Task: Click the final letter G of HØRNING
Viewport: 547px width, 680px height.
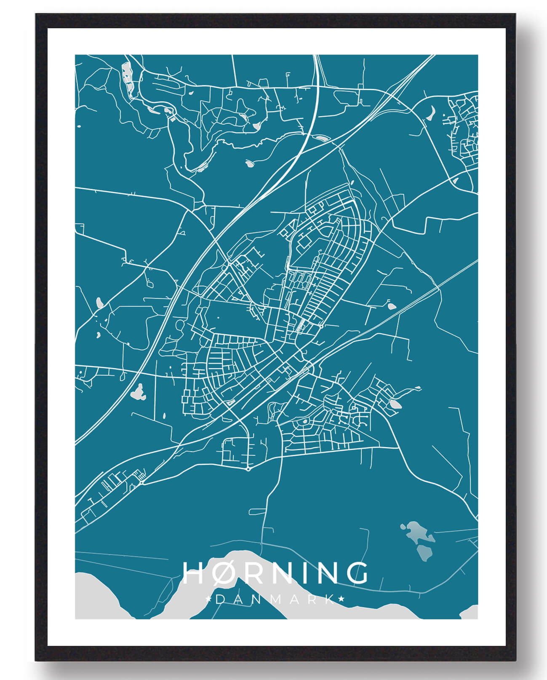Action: point(357,573)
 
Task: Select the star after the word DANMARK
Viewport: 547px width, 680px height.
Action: point(342,599)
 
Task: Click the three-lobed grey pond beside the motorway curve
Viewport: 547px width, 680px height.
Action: point(138,393)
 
